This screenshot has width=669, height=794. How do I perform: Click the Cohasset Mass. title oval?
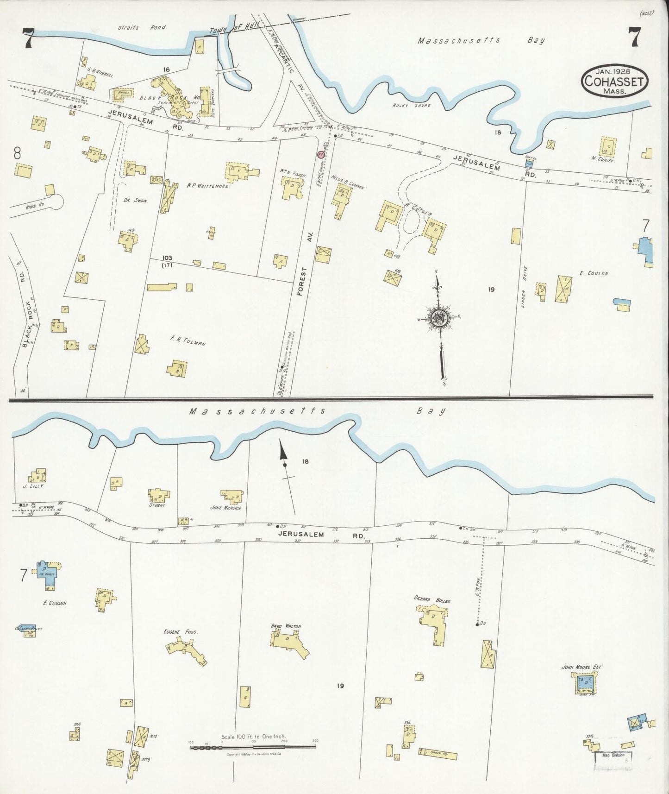[614, 81]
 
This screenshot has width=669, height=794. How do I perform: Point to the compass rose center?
[437, 318]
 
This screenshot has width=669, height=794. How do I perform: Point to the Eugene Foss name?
[178, 631]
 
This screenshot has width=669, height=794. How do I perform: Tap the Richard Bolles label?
[432, 600]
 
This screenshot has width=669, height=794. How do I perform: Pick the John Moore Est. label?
[581, 667]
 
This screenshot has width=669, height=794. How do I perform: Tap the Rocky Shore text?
[412, 106]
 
